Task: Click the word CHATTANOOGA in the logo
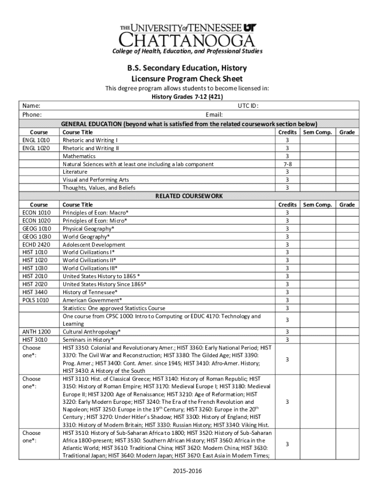tap(187, 39)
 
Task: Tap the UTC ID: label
tap(248, 106)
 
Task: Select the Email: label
tap(214, 115)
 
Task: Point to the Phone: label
tap(32, 115)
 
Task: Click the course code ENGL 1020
tap(36, 148)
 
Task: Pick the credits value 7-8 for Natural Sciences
tap(287, 164)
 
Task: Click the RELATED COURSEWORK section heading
tap(189, 196)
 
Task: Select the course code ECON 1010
tap(36, 213)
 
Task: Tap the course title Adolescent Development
tap(94, 245)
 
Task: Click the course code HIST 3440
tap(35, 292)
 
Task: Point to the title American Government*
tap(92, 300)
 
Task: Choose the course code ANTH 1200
tap(36, 331)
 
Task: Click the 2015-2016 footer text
tap(187, 471)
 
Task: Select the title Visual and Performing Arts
tap(96, 180)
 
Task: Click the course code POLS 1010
tap(35, 300)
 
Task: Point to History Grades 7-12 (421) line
tap(187, 97)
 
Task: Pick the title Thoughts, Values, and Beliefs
tap(99, 188)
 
